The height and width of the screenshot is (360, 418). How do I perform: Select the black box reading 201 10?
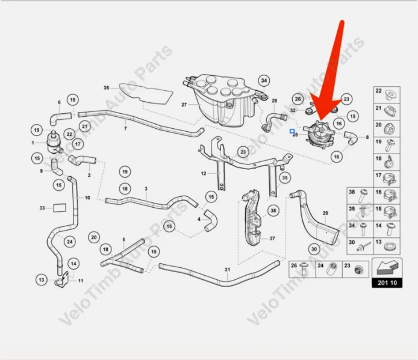pyautogui.click(x=387, y=282)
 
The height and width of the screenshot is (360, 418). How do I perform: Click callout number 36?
pyautogui.click(x=106, y=88)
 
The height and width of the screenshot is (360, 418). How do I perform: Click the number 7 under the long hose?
pyautogui.click(x=125, y=129)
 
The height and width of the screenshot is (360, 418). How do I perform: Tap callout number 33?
pyautogui.click(x=42, y=208)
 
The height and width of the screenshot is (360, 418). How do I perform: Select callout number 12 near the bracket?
pyautogui.click(x=204, y=174)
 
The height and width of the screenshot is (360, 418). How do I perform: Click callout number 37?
pyautogui.click(x=272, y=238)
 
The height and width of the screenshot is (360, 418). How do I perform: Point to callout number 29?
pyautogui.click(x=325, y=214)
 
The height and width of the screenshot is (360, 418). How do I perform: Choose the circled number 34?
pyautogui.click(x=264, y=81)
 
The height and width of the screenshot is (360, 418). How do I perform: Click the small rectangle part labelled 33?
pyautogui.click(x=58, y=208)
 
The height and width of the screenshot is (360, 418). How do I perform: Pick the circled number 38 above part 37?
pyautogui.click(x=273, y=211)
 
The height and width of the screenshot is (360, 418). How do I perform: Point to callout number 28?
pyautogui.click(x=274, y=101)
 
